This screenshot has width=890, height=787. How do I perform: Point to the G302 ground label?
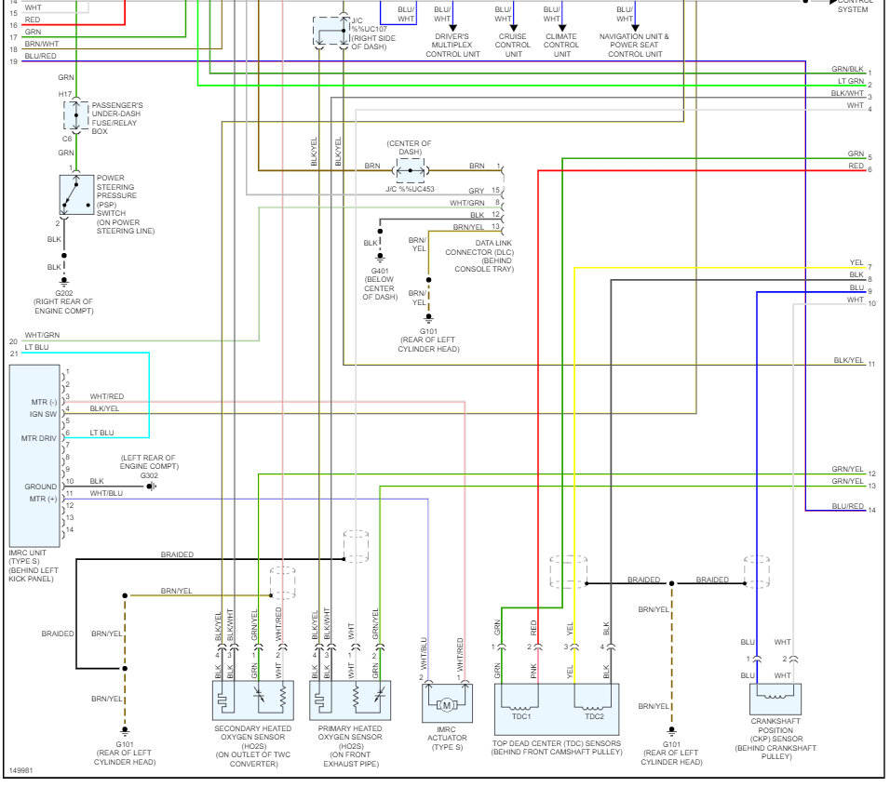pos(149,474)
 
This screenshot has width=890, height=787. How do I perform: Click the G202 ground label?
pos(64,292)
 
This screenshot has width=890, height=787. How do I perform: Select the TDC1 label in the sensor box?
pos(520,716)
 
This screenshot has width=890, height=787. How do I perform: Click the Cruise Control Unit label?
pos(513,46)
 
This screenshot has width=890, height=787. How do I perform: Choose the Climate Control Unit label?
pos(561,46)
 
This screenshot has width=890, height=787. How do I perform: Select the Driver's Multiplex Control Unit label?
pos(453,46)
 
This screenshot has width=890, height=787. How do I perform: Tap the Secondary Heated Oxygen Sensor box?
pos(252,700)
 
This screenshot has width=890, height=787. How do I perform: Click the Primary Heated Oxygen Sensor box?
pos(350,700)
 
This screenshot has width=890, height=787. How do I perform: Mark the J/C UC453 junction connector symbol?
pos(411,167)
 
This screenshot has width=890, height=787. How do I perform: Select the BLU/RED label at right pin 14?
pos(847,506)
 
